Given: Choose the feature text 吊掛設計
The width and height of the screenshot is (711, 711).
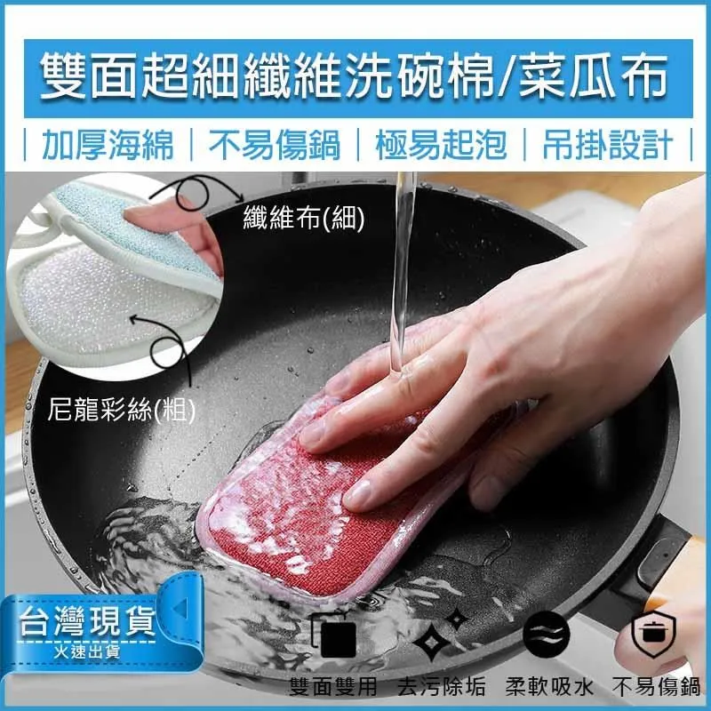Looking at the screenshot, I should click(606, 145).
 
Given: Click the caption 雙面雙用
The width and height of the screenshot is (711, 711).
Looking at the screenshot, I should click(334, 687).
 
